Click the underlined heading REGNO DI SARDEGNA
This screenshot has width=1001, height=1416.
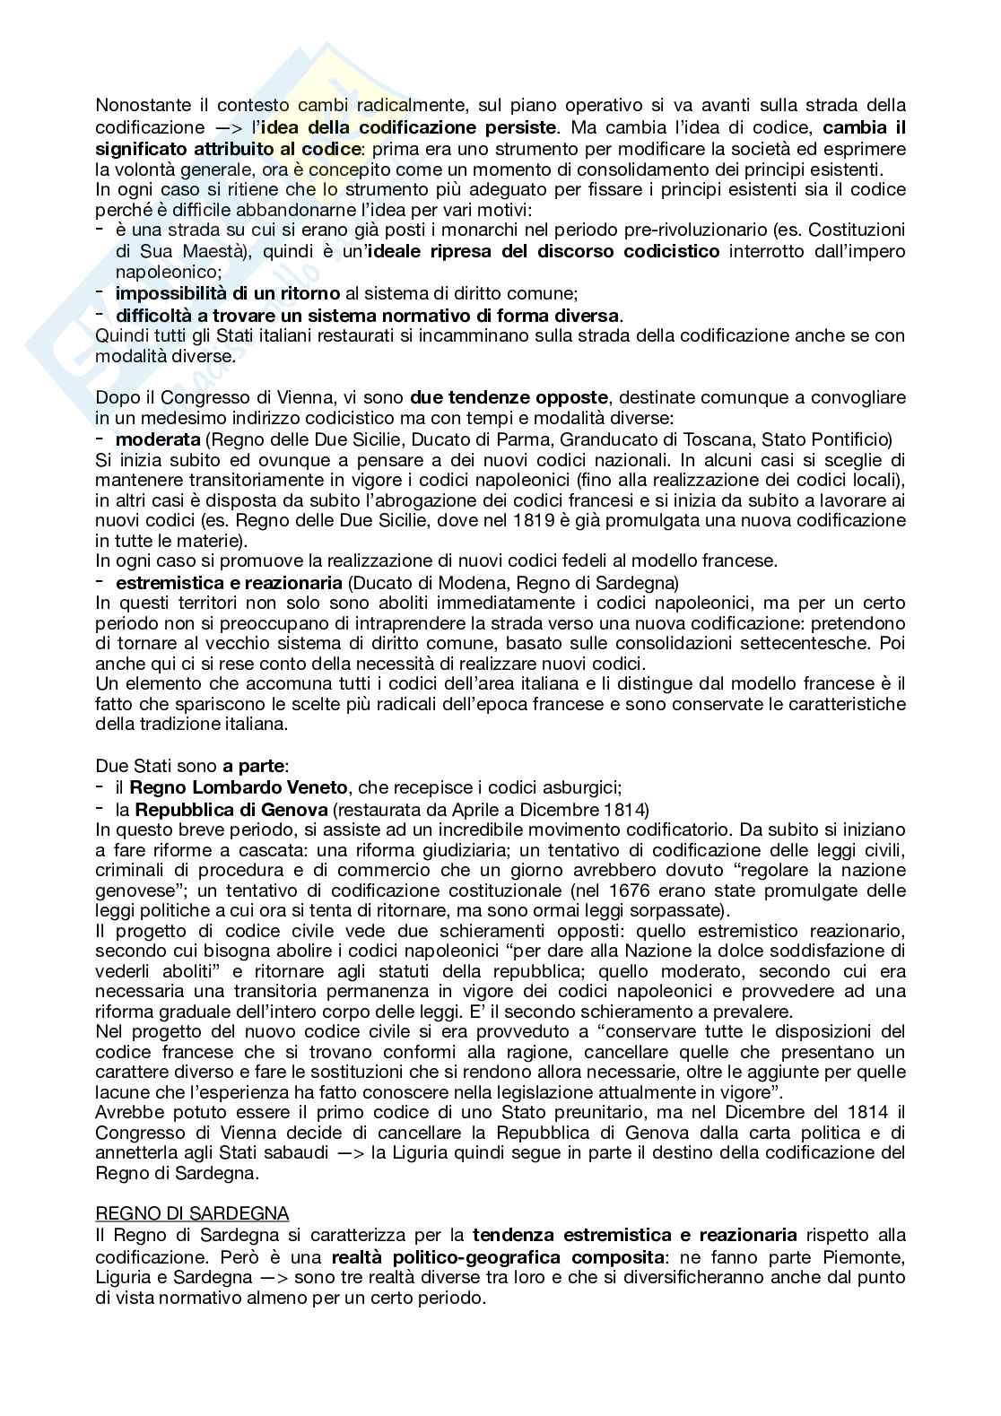pyautogui.click(x=192, y=1214)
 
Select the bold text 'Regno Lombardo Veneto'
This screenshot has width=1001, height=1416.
pyautogui.click(x=238, y=787)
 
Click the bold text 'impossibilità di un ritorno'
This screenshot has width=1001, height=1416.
pyautogui.click(x=228, y=293)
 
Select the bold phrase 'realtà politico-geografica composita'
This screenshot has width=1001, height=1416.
pyautogui.click(x=492, y=1255)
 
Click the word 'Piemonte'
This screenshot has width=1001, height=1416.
pyautogui.click(x=867, y=1255)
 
